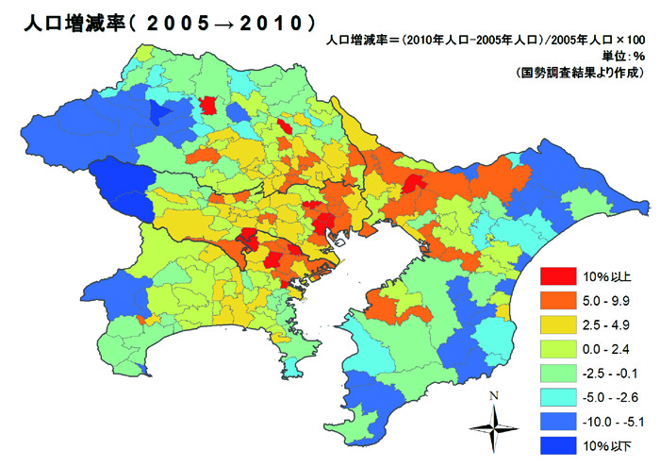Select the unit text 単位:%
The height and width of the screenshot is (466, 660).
pos(623,57)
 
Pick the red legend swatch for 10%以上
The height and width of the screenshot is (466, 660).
pos(557,275)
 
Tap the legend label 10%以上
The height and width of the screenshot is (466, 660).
pos(608,275)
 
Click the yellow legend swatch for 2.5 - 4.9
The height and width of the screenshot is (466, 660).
pos(557,325)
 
